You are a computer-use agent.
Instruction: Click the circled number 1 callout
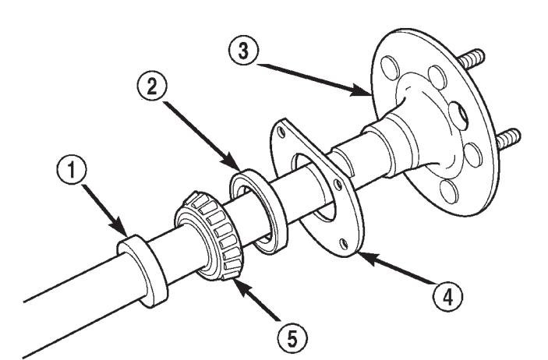click(x=71, y=170)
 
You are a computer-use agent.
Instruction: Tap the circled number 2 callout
click(x=152, y=86)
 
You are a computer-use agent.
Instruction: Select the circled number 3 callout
click(x=243, y=51)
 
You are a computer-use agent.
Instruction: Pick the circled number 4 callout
click(x=447, y=298)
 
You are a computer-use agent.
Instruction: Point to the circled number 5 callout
click(x=292, y=338)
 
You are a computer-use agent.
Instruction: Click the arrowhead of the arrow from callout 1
click(x=121, y=228)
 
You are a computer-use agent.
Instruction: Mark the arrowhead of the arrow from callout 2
click(x=232, y=162)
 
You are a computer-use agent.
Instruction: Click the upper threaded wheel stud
click(x=472, y=58)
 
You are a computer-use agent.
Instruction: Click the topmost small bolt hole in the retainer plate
click(x=281, y=132)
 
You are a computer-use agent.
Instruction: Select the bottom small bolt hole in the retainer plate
click(x=345, y=243)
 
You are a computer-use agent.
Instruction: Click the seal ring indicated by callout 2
click(x=259, y=211)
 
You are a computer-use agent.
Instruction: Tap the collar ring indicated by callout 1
click(x=143, y=271)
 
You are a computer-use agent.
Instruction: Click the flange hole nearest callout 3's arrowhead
click(x=390, y=69)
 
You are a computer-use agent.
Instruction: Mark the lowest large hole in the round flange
click(x=449, y=192)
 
